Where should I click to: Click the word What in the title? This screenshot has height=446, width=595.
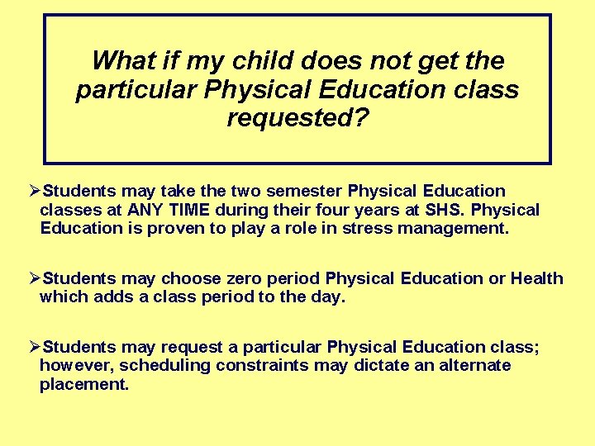124,60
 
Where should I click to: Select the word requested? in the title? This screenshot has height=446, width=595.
297,118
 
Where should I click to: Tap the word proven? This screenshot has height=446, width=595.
176,228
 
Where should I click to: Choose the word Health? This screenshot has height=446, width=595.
536,278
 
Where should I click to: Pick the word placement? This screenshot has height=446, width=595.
84,383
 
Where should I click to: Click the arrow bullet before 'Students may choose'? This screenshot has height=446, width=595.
35,278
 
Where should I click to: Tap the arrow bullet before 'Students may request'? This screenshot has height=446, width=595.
35,347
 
